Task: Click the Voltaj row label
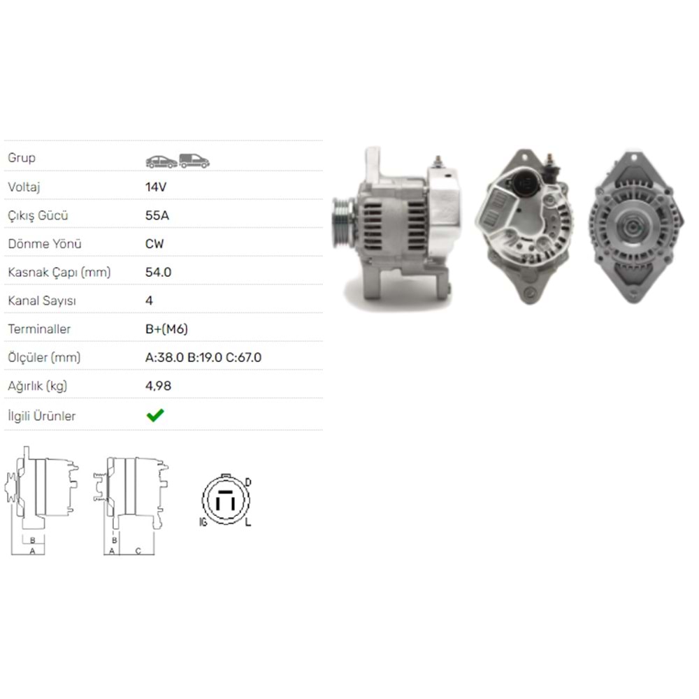(24, 187)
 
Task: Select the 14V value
(156, 187)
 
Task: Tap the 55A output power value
(157, 215)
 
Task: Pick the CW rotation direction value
(154, 244)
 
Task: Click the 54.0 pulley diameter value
(158, 272)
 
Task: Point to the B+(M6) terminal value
(166, 329)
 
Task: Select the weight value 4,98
(158, 386)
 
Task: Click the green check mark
(155, 415)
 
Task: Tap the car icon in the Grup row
(161, 161)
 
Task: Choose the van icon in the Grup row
(194, 161)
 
